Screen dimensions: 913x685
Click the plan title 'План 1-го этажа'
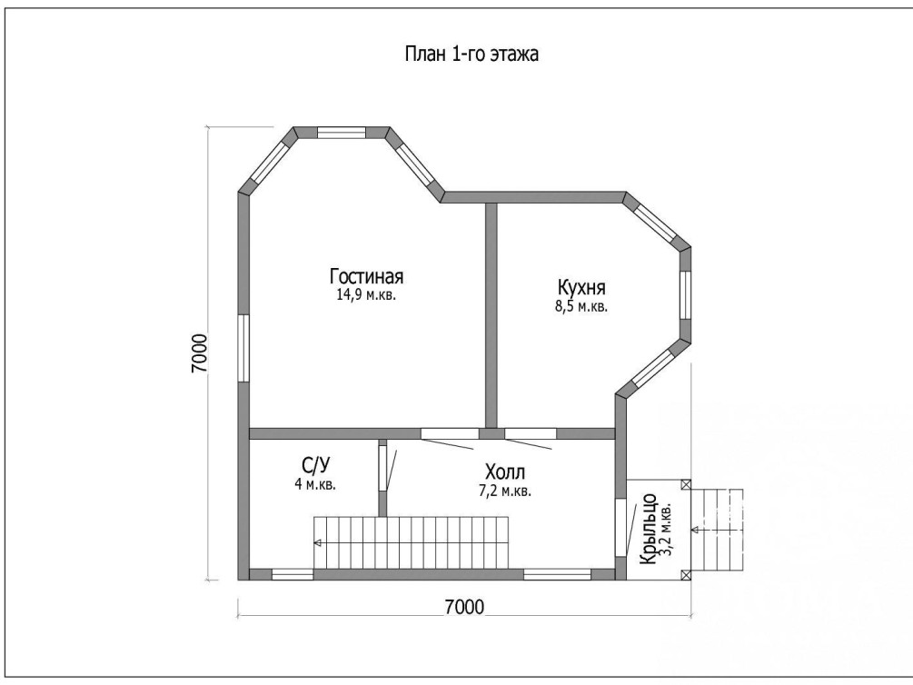pos(471,54)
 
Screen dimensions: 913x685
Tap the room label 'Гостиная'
pos(366,275)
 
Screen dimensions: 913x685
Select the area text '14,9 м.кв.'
pos(366,294)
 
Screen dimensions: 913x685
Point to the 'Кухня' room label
pos(581,288)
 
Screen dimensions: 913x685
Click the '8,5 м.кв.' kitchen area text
pos(581,307)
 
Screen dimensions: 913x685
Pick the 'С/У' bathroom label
pos(315,465)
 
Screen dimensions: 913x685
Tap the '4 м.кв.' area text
pos(315,484)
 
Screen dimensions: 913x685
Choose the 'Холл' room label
pos(505,472)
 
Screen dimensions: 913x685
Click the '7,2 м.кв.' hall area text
pos(505,491)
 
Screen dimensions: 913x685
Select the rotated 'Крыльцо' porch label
pos(648,530)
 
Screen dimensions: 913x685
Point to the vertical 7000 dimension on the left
pos(200,353)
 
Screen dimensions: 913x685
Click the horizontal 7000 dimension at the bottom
pos(464,607)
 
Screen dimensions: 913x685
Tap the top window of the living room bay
pos(342,133)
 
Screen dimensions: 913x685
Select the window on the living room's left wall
pos(243,348)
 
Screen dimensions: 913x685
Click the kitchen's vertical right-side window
pos(685,295)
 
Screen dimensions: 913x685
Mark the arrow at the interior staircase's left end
pos(318,543)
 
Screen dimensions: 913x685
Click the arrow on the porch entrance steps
pos(695,530)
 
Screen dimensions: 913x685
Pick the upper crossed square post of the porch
pos(686,484)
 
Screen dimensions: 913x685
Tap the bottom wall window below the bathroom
pos(293,575)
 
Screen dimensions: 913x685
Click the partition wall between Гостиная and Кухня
pos(491,315)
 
